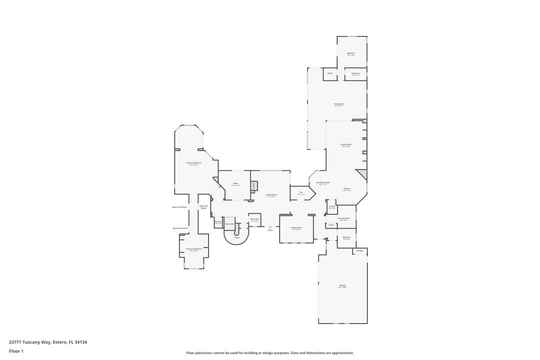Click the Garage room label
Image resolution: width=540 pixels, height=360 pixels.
342,286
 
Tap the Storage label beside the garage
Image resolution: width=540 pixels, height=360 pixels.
359,250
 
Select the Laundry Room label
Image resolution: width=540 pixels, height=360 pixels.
344,218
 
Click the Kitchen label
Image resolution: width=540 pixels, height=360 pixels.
346,189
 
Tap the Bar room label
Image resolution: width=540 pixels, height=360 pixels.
301,193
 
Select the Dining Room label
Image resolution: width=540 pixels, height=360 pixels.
296,228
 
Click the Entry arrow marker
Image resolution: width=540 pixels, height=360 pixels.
270,228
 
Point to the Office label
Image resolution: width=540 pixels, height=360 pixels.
235,184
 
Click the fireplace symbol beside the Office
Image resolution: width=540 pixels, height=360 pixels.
253,186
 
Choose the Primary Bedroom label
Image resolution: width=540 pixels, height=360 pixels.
193,163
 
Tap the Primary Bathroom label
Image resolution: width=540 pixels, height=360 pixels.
194,249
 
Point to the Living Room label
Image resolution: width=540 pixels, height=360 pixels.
338,105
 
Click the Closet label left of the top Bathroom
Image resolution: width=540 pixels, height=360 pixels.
330,73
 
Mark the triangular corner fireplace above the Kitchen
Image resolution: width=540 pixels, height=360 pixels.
363,174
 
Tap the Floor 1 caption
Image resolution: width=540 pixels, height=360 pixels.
16,351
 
